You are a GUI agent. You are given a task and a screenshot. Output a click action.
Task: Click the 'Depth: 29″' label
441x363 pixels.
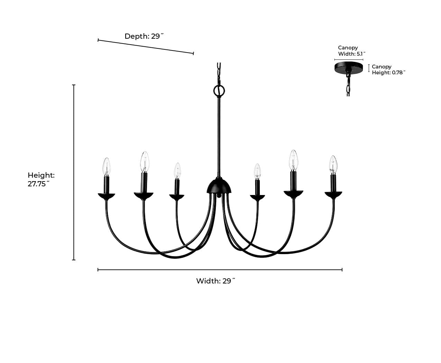[x=144, y=36]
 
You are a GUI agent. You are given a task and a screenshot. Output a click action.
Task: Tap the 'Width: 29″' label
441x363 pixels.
[x=215, y=281]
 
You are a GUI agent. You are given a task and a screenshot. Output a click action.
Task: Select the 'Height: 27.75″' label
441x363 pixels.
[x=41, y=179]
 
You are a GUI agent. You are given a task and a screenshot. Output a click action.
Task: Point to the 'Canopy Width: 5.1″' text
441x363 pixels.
[x=351, y=51]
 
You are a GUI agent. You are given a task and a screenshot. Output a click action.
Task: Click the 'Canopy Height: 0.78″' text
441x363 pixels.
[x=388, y=69]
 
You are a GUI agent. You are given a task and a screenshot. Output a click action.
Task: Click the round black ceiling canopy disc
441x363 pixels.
[x=349, y=67]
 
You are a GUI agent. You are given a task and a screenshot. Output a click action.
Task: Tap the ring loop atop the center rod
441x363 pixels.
[x=219, y=91]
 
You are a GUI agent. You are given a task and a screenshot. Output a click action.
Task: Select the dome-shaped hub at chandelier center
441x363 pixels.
[x=219, y=186]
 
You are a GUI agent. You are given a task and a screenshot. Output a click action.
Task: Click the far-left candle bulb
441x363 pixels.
[x=107, y=167]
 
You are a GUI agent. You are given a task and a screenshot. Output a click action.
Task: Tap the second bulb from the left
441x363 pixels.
[x=145, y=162]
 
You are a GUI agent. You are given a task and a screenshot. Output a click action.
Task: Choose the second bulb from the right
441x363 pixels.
[x=293, y=160]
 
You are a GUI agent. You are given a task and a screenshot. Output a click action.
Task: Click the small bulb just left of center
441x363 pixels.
[x=177, y=171]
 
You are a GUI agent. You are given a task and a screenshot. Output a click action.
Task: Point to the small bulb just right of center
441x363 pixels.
[x=257, y=171]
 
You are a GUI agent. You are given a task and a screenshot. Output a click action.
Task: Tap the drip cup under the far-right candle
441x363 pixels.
[x=333, y=195]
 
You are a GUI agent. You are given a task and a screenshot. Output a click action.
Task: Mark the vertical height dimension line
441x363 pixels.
[x=74, y=172]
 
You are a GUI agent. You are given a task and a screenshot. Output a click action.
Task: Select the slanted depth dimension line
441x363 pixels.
[x=146, y=47]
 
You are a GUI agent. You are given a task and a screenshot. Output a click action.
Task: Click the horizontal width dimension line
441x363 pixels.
[x=220, y=270]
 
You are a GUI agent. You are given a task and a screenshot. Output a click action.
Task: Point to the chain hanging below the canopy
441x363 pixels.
[x=348, y=84]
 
